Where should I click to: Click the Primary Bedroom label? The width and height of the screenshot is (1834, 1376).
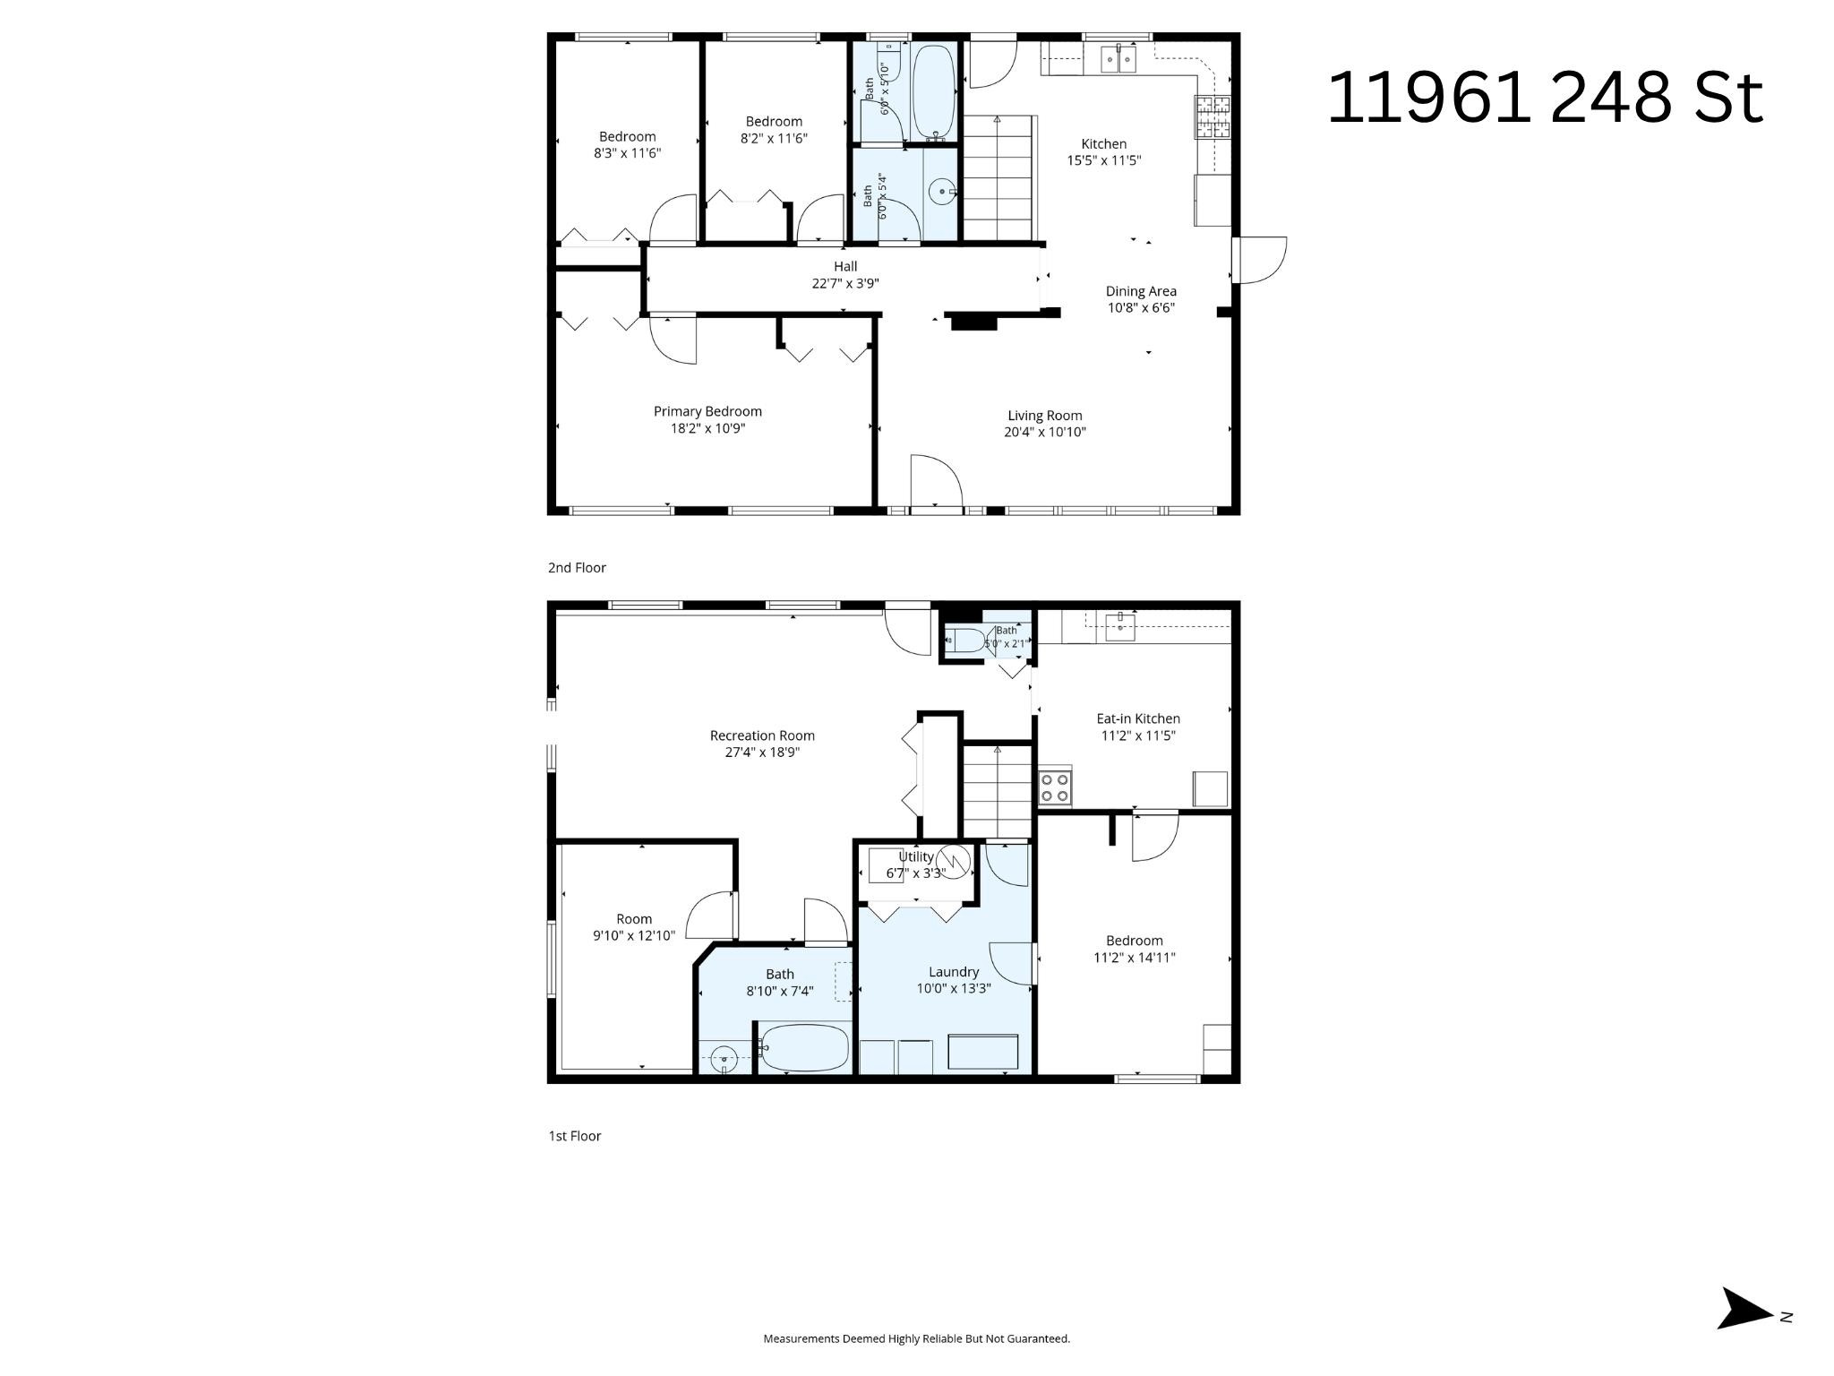point(707,411)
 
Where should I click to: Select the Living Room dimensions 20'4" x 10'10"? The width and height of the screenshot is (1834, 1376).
point(1044,432)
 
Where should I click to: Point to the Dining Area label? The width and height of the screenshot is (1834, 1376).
point(1141,291)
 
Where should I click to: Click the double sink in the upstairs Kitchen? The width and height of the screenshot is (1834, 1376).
point(1118,59)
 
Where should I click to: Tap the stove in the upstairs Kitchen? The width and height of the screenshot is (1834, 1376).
point(1213,116)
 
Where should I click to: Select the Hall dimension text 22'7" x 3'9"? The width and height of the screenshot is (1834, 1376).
point(845,283)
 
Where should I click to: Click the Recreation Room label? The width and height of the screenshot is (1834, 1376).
point(762,735)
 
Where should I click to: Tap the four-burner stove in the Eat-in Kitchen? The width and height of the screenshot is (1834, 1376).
point(1055,787)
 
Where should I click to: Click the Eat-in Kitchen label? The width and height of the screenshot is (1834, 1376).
point(1138,718)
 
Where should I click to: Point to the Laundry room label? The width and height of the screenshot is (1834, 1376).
point(954,972)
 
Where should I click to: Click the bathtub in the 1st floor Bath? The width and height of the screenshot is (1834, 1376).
point(804,1047)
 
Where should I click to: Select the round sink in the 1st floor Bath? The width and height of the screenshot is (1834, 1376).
point(724,1058)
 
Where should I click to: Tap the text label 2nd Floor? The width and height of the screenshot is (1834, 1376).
point(577,568)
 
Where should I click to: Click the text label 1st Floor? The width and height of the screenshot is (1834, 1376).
point(575,1136)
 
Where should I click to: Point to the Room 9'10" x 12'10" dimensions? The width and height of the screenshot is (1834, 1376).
point(634,936)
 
